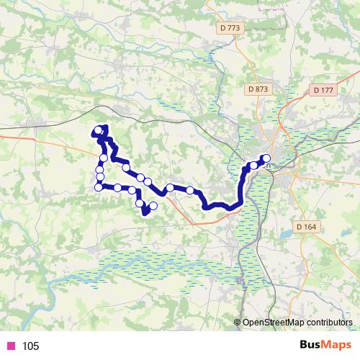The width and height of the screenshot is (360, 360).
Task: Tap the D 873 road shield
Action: [x=257, y=89]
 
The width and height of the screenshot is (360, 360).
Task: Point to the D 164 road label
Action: [x=307, y=227]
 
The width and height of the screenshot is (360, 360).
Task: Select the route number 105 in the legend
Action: [x=30, y=346]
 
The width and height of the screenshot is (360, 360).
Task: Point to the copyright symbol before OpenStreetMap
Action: [x=238, y=323]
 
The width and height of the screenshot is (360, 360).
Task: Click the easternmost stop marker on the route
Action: [x=266, y=158]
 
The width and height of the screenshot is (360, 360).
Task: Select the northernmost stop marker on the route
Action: [x=99, y=130]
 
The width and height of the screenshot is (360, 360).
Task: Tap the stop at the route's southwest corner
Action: [x=99, y=187]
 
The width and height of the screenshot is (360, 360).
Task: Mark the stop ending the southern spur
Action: [x=153, y=206]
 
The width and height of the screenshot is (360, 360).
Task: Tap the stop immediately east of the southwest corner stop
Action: [x=117, y=188]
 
